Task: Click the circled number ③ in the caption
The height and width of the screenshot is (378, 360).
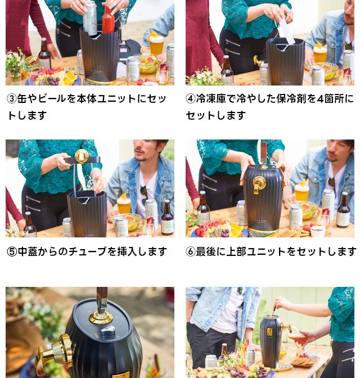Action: [x=12, y=98]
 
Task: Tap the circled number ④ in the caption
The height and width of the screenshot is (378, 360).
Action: [x=191, y=98]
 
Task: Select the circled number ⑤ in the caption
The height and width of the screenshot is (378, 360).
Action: [x=12, y=251]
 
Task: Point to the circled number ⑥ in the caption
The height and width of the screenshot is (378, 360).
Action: [x=191, y=251]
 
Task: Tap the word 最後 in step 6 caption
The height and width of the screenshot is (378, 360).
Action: [x=206, y=251]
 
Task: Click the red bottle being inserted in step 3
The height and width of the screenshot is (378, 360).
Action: [x=108, y=20]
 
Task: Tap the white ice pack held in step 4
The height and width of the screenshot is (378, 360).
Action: [x=286, y=31]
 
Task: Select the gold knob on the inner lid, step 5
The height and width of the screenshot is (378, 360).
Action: [x=82, y=156]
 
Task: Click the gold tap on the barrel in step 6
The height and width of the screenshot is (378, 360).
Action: [x=259, y=184]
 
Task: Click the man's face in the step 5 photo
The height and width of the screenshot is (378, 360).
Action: [x=143, y=150]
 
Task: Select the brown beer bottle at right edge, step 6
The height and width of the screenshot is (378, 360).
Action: [x=343, y=210]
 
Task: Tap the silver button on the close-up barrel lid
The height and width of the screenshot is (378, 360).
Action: [x=108, y=330]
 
